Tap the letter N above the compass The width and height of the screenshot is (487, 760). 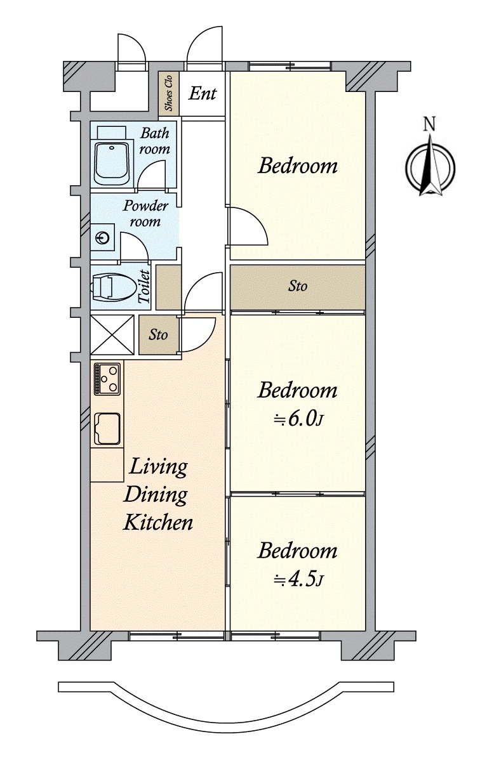[430, 124]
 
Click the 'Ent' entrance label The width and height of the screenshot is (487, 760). [203, 95]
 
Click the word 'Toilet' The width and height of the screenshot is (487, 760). [143, 286]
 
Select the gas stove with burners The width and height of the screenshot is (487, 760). [107, 379]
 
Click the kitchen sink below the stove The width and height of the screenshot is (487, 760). [107, 429]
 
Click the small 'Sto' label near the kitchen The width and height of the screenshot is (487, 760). [158, 334]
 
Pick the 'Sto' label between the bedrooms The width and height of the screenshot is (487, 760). [298, 287]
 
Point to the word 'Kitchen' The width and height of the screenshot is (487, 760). [157, 523]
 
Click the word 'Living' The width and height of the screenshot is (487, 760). [159, 468]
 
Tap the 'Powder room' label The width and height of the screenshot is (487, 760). [145, 214]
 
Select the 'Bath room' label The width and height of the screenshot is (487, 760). [155, 141]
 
